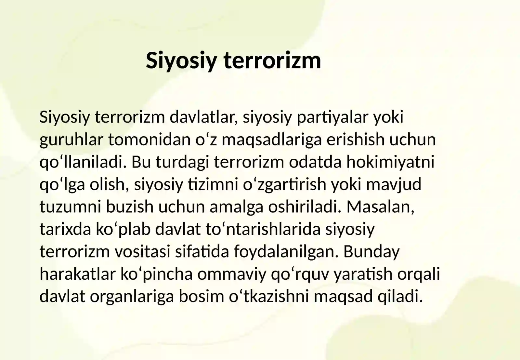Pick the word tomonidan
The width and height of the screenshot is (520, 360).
tap(149, 140)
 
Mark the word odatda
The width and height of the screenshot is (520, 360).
tap(315, 162)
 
